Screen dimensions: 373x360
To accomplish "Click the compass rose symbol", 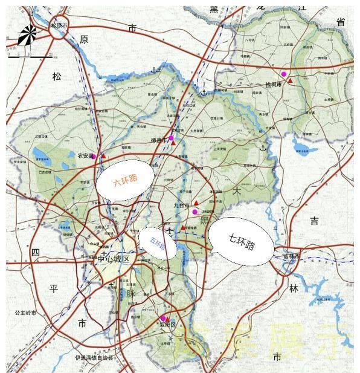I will (x=27, y=36).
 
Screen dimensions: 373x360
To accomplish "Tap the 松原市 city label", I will (x=59, y=26).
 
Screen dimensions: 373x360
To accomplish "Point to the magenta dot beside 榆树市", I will (x=284, y=74).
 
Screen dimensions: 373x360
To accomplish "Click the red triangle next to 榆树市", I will (x=291, y=80).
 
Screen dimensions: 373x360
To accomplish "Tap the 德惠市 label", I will (x=158, y=140).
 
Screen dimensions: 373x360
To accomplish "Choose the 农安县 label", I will (x=83, y=155).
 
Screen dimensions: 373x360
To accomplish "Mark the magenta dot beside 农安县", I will (x=93, y=156).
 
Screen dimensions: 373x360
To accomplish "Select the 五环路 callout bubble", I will (x=158, y=244).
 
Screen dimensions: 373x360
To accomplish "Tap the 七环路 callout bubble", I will (x=241, y=241).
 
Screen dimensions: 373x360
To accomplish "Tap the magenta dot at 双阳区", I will (x=162, y=318).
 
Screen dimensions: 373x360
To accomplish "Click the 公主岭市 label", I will (x=26, y=313).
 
